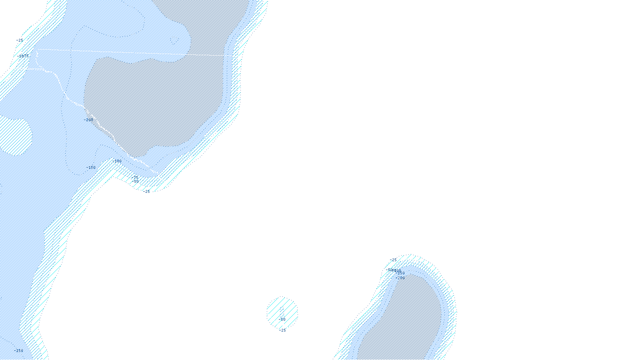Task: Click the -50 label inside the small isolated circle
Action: [282, 319]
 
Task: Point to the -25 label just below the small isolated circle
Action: [283, 330]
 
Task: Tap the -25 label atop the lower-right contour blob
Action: [394, 260]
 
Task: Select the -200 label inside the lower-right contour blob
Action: [401, 278]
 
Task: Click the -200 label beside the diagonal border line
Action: [89, 120]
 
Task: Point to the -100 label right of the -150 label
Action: [118, 161]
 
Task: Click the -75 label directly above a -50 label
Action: [136, 177]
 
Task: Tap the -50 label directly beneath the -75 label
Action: [136, 181]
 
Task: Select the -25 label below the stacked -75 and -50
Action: [146, 191]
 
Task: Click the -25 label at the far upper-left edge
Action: [20, 40]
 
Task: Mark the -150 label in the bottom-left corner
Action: [19, 350]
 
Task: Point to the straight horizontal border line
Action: [132, 52]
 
